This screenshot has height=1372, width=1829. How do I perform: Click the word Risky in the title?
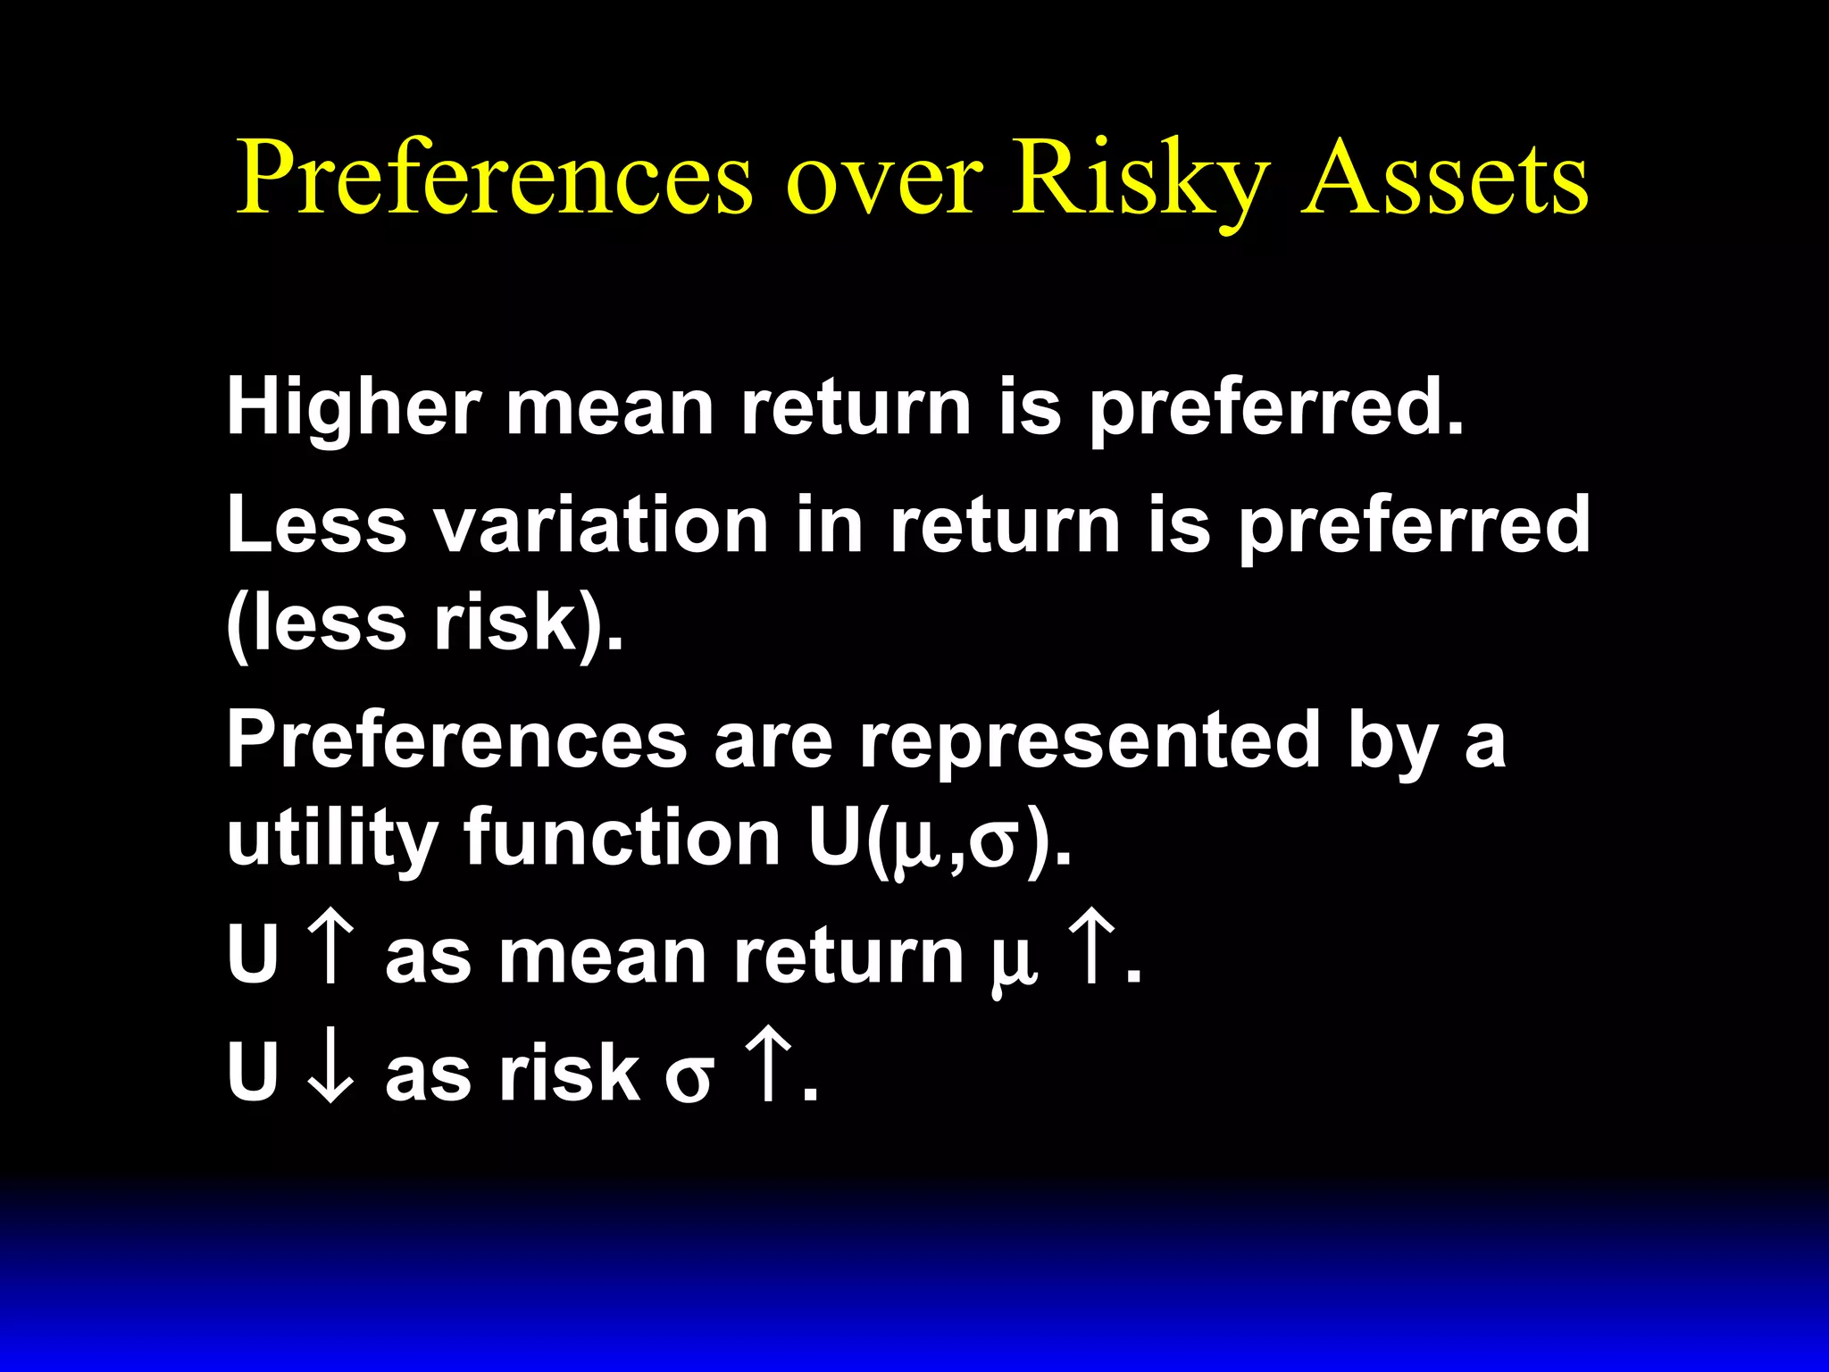pyautogui.click(x=1140, y=179)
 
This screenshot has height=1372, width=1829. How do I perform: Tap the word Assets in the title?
pyautogui.click(x=1444, y=179)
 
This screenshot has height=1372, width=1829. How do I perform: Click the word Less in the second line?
pyautogui.click(x=317, y=525)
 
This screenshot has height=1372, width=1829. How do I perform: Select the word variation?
pyautogui.click(x=601, y=525)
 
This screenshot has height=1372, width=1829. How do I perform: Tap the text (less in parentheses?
pyautogui.click(x=317, y=623)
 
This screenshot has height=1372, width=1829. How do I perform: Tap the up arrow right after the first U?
pyautogui.click(x=330, y=953)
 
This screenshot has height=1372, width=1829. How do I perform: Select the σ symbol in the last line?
pyautogui.click(x=689, y=1076)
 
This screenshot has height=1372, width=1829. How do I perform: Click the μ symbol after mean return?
pyautogui.click(x=1014, y=965)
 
